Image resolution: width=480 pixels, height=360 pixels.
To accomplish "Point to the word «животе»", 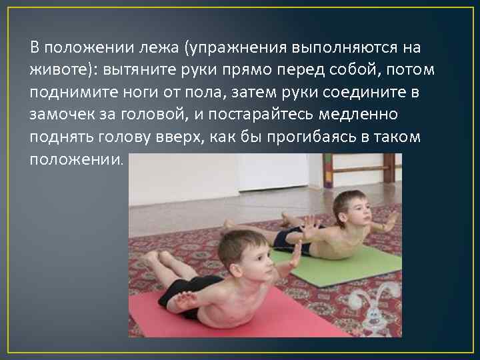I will pyautogui.click(x=57, y=70).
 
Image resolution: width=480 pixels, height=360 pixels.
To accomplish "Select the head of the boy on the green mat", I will pyautogui.click(x=352, y=208).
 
